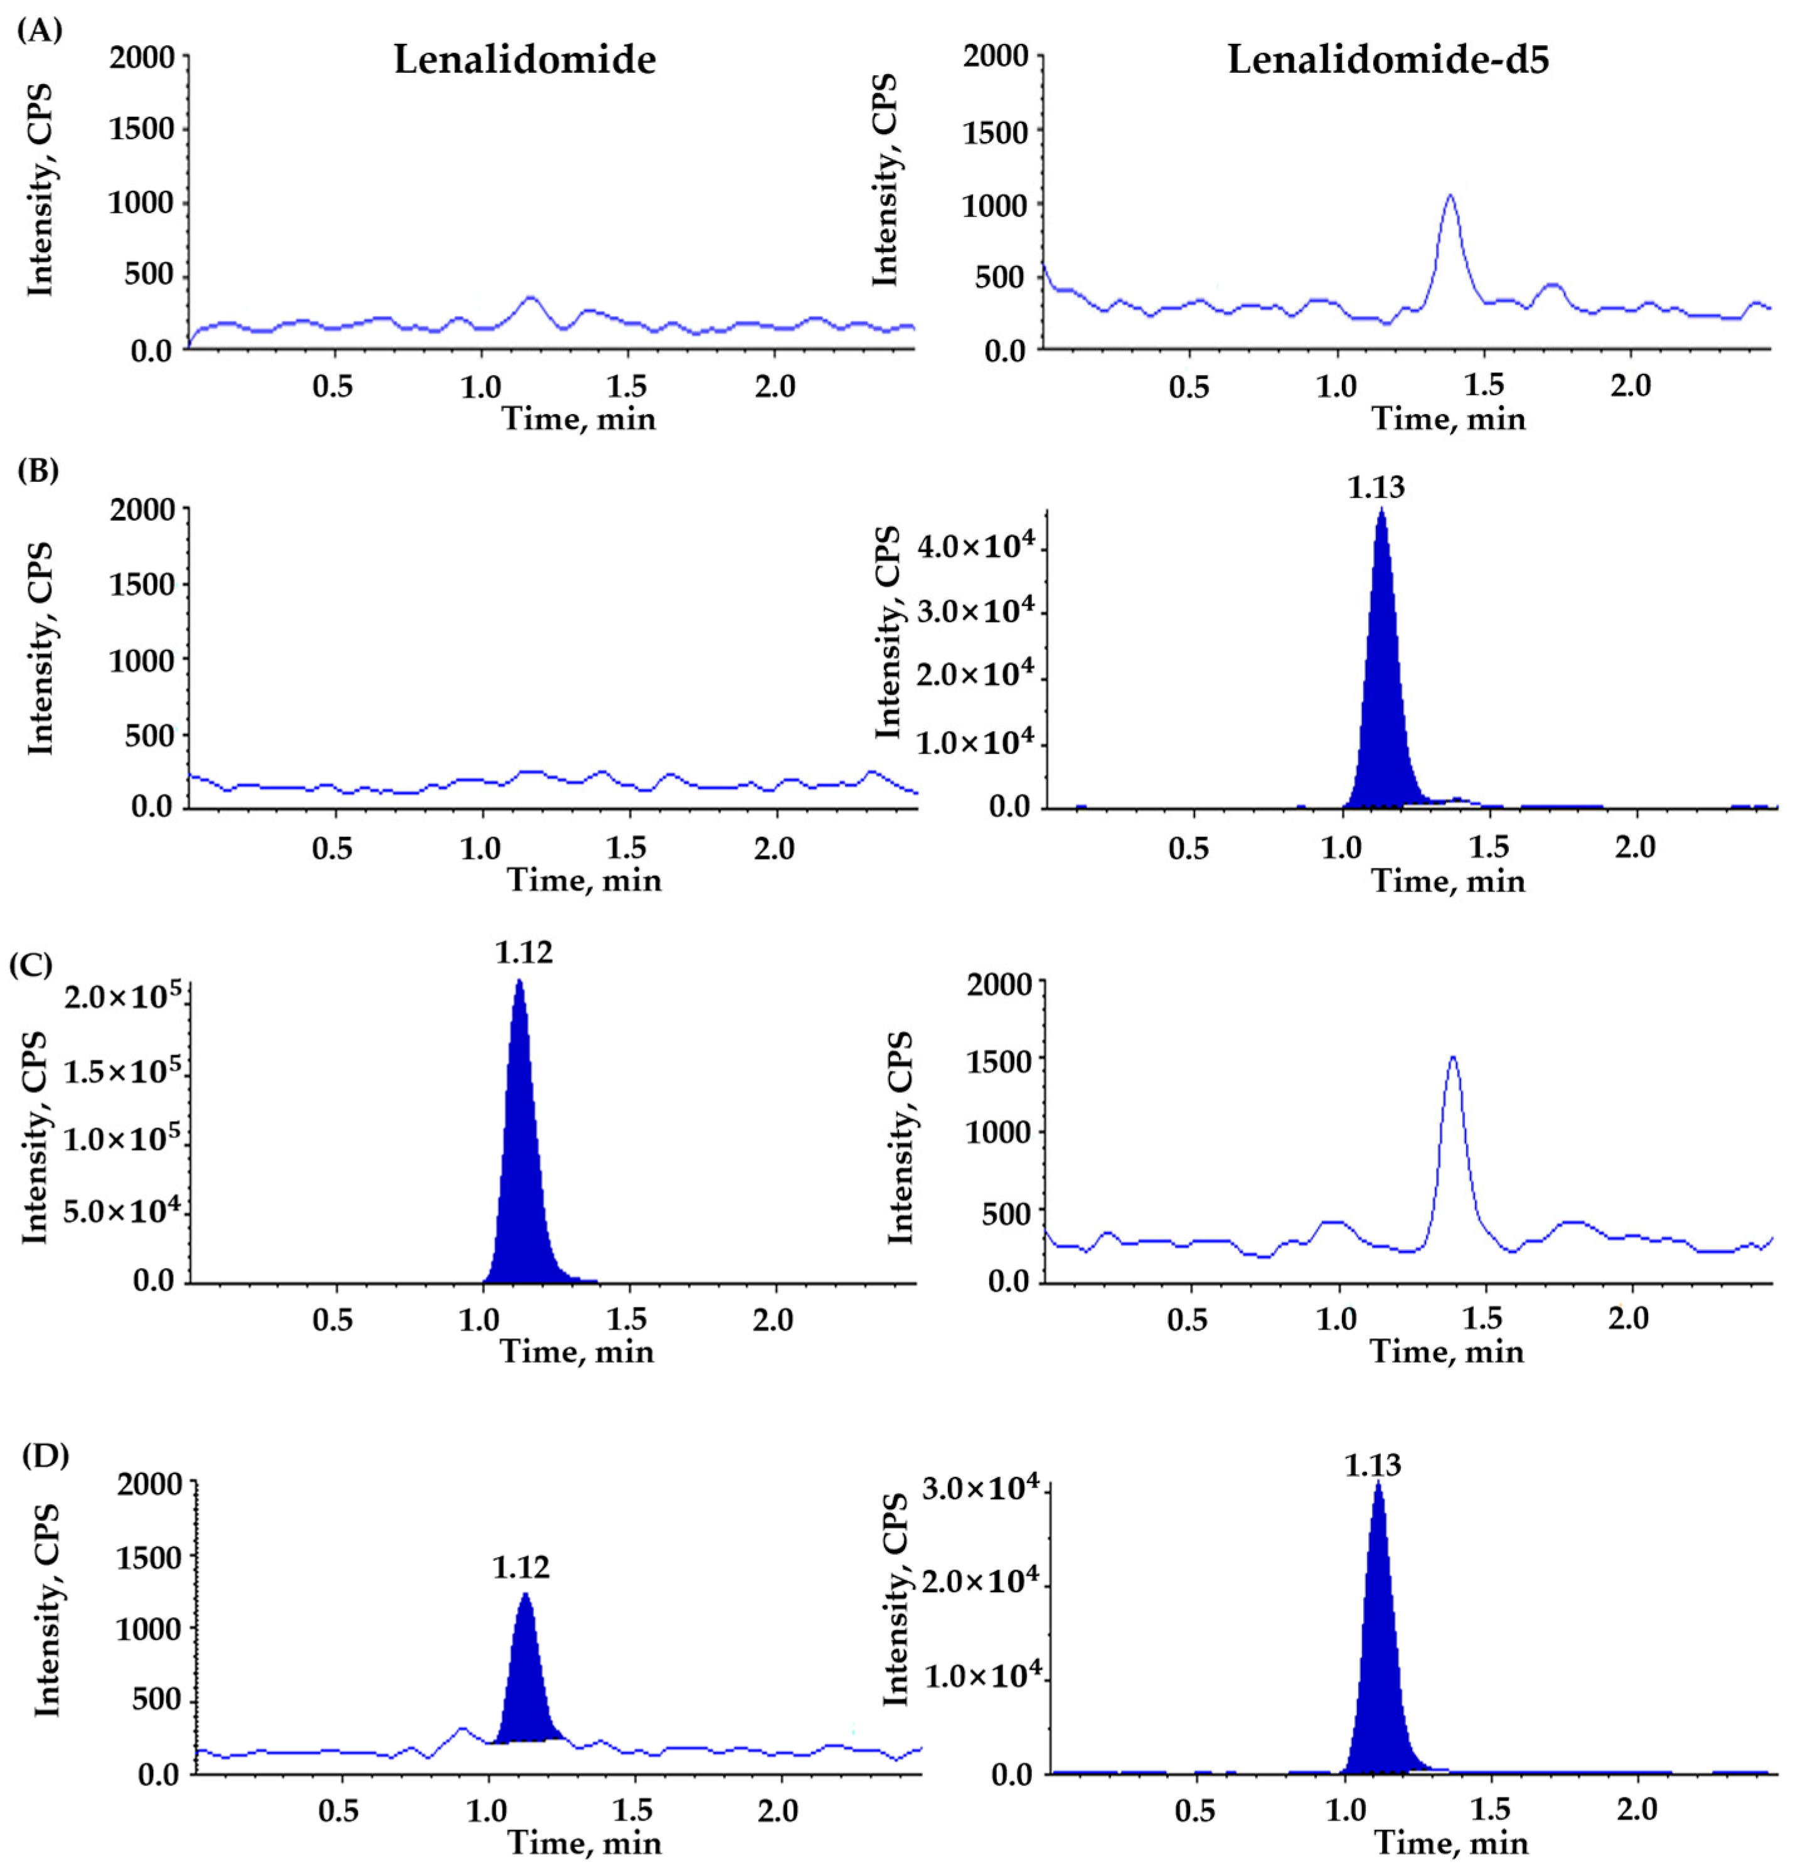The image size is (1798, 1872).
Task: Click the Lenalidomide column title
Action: coord(524,60)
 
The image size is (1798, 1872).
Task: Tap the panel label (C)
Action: coord(31,965)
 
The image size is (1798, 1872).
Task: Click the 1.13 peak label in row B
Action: coord(1376,488)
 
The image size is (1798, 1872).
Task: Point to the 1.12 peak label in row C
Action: coord(524,952)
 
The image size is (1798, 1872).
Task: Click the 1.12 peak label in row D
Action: coord(521,1567)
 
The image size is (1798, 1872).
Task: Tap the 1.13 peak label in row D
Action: coord(1373,1465)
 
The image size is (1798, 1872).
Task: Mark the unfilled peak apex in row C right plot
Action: coord(1453,1057)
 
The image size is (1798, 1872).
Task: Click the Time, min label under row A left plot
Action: coord(579,418)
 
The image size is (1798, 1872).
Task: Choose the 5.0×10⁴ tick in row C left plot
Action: coord(121,1211)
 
